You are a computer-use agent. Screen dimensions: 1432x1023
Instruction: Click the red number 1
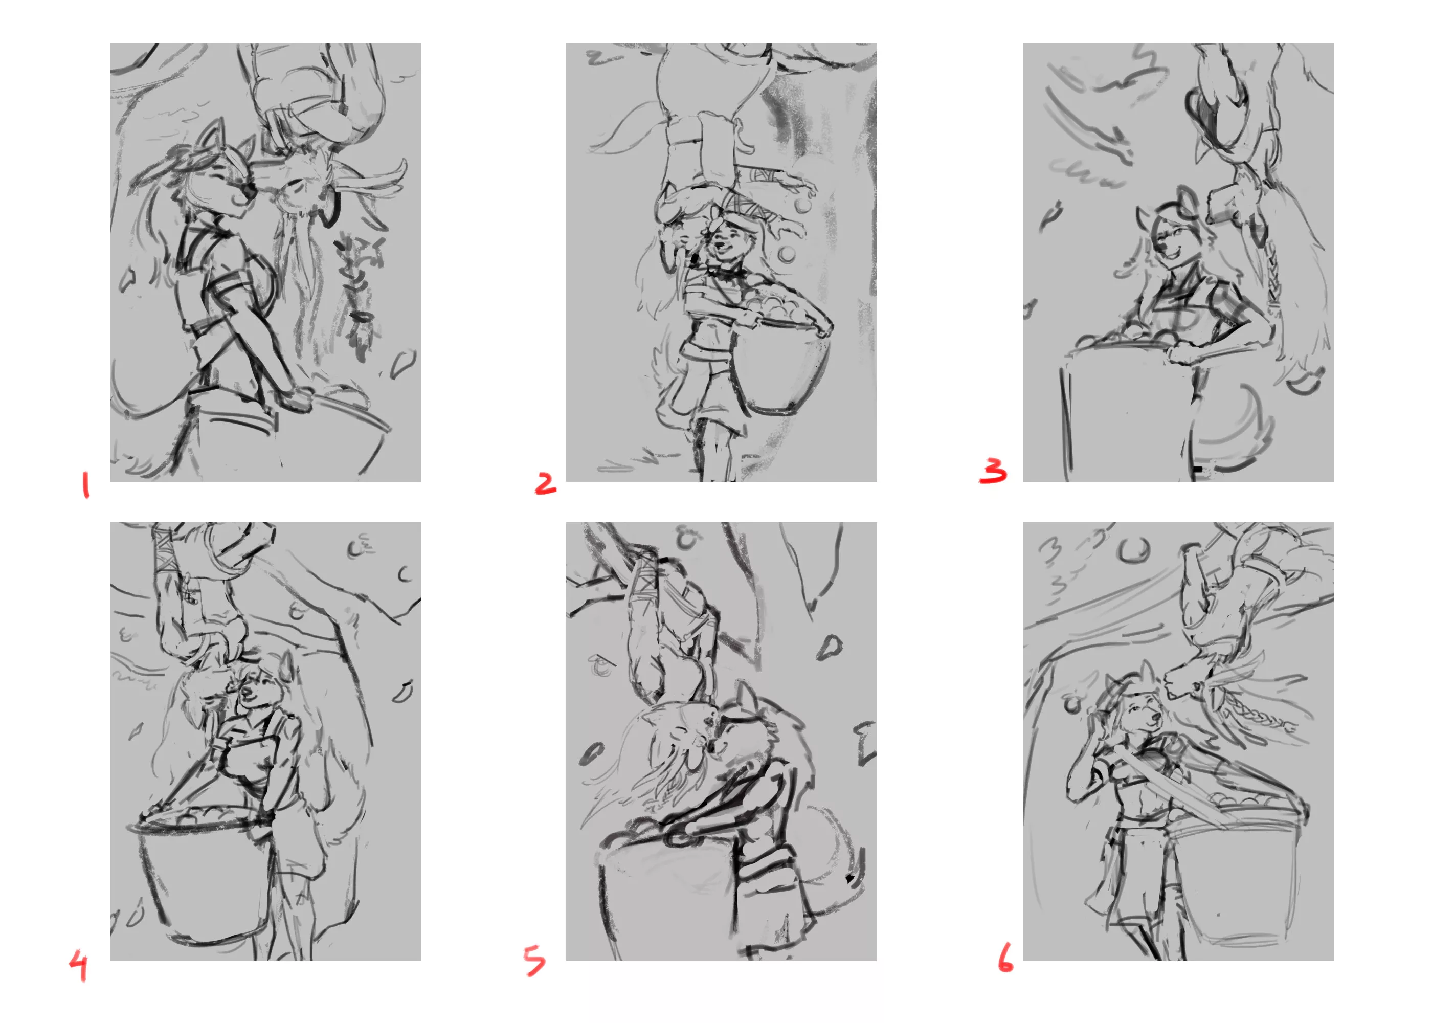85,486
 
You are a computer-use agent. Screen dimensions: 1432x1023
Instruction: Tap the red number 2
545,483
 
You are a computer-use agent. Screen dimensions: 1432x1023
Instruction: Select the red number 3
993,471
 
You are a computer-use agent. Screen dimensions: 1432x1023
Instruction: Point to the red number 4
79,967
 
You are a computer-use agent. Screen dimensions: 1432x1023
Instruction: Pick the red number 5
534,962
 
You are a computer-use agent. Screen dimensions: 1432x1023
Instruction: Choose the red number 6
1005,958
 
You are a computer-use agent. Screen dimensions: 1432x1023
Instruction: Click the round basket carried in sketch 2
781,359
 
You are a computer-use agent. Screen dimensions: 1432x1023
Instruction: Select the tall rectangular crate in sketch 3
1127,413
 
